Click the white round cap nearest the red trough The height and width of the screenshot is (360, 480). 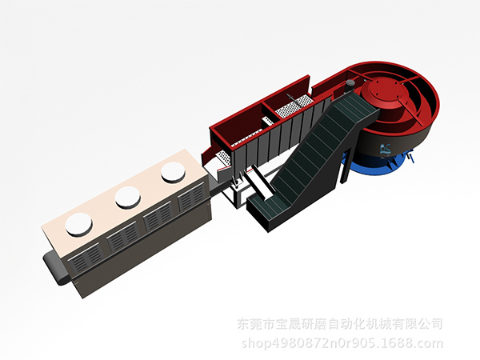click(x=174, y=173)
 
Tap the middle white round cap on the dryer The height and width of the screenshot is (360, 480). click(x=128, y=198)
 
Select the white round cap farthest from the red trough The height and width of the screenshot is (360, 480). click(x=79, y=224)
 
